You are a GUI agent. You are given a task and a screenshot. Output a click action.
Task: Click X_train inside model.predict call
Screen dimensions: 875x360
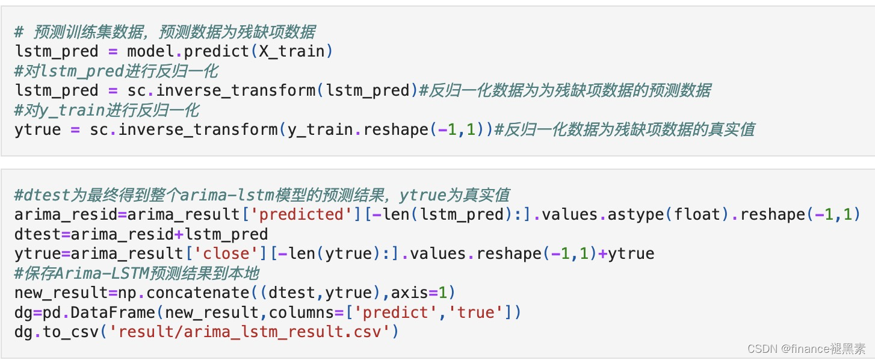click(292, 51)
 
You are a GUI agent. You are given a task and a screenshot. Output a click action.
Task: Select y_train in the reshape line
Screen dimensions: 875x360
click(321, 129)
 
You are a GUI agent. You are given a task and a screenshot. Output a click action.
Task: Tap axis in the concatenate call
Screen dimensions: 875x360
click(410, 293)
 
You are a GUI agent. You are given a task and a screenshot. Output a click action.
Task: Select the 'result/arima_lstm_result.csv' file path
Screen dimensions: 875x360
click(246, 332)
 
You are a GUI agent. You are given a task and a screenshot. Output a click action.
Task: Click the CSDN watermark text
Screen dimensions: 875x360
click(806, 348)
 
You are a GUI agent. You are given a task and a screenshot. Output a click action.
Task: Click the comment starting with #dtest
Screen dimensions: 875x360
click(262, 195)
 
